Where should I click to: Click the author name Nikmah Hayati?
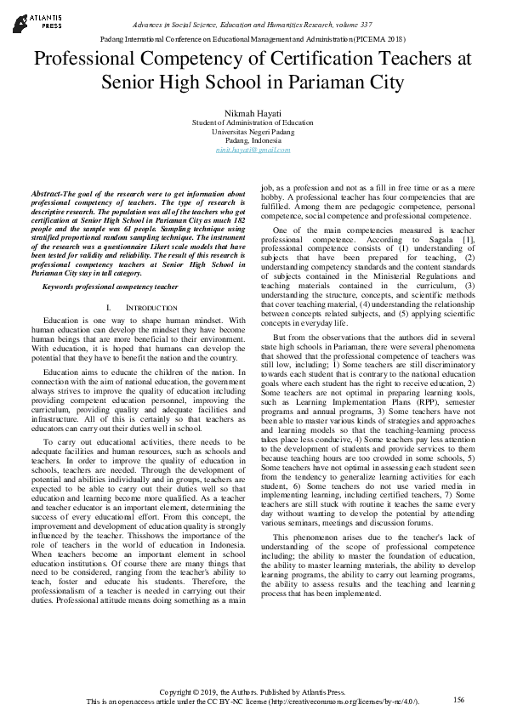pos(253,112)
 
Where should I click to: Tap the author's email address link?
pos(253,149)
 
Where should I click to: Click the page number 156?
pos(458,699)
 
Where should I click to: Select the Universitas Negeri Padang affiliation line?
pos(253,131)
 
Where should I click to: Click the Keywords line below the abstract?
pos(111,287)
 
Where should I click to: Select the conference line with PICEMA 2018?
pos(253,39)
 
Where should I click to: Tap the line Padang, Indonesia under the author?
pos(253,139)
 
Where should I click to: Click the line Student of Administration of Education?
pos(253,122)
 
